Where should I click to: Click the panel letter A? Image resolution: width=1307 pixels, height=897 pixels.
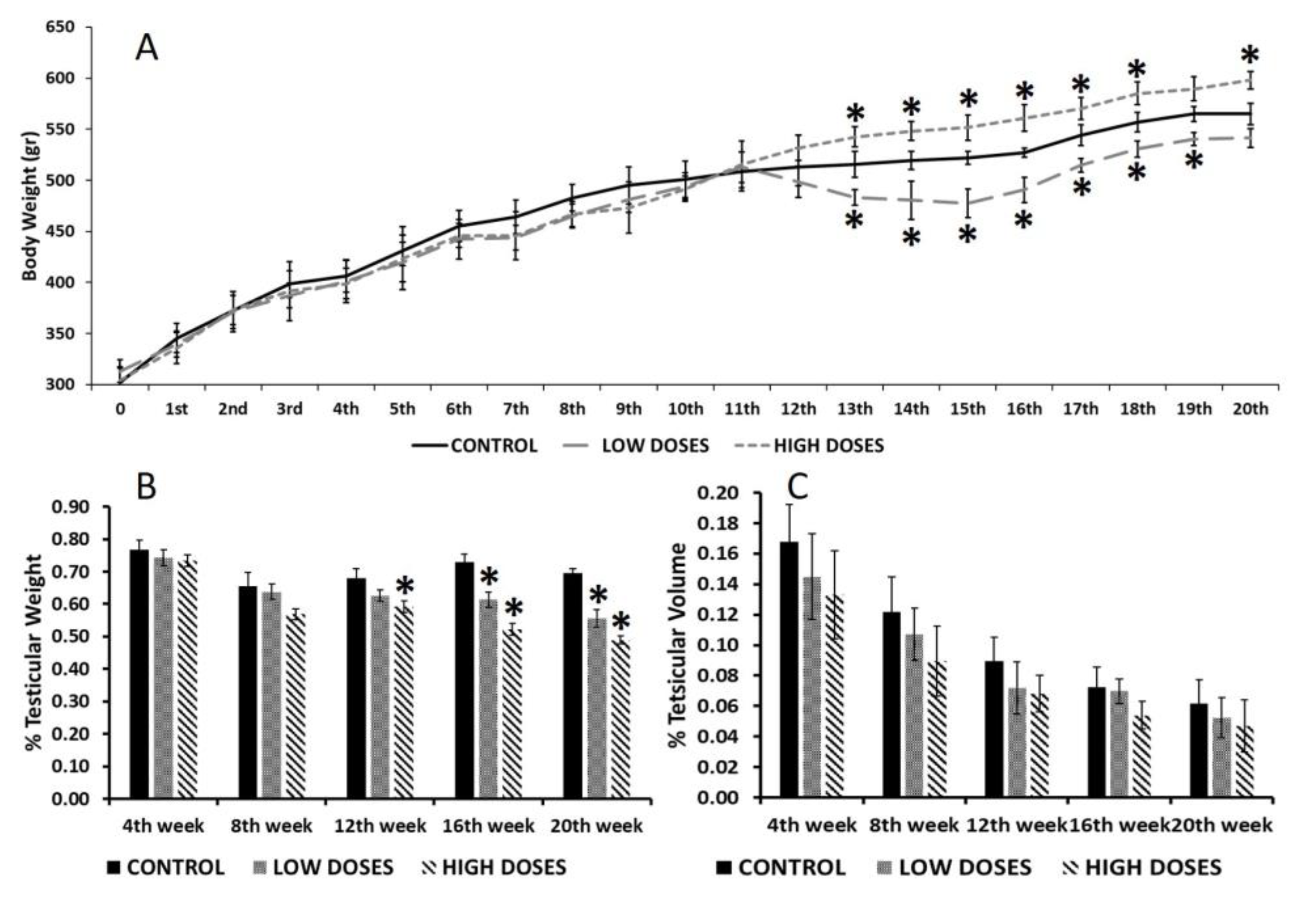(147, 49)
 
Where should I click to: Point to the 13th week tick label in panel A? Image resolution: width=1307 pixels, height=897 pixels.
(855, 409)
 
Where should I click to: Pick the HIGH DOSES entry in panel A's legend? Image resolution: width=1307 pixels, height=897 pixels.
(810, 446)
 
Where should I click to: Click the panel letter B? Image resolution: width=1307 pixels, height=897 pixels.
(147, 487)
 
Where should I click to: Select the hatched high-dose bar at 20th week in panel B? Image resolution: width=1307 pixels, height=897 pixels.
(621, 720)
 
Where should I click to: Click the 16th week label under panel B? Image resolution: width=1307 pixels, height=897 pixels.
(488, 825)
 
